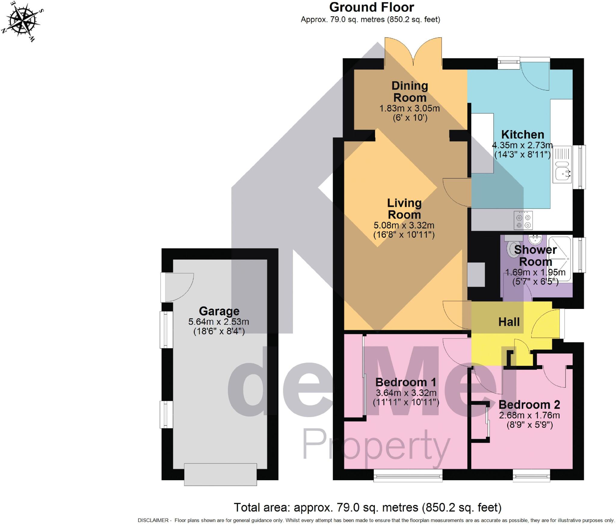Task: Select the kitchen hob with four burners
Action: [x=523, y=221]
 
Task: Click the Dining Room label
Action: [x=410, y=92]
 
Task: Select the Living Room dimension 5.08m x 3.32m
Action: [x=404, y=225]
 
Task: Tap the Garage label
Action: [x=219, y=311]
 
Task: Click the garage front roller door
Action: [x=220, y=474]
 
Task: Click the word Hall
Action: [x=509, y=322]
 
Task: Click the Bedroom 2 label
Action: [x=529, y=405]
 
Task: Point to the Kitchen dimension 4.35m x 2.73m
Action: [x=522, y=145]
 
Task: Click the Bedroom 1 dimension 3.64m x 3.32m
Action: [x=406, y=393]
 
